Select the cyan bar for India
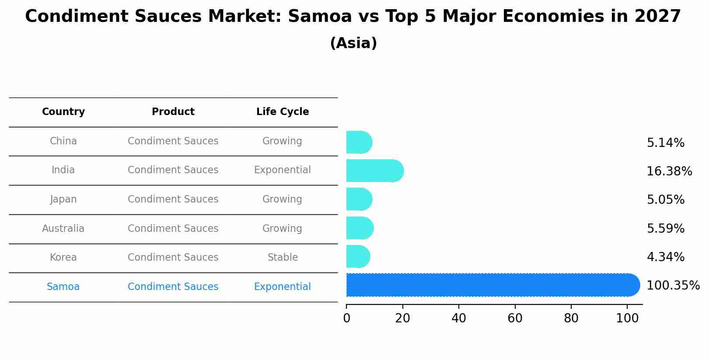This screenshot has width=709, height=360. tap(374, 171)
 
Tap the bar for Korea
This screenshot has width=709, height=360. tap(358, 256)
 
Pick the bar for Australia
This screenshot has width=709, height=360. tap(360, 228)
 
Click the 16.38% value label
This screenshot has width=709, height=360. tap(669, 171)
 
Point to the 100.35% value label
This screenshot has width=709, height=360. tap(673, 286)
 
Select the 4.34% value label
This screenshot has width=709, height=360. tap(665, 257)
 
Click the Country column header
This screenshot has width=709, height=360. tap(63, 112)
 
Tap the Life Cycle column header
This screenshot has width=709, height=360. tap(283, 112)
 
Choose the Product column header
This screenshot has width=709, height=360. tap(173, 112)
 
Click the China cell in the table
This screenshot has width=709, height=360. tap(63, 141)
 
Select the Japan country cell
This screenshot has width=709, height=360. tap(63, 199)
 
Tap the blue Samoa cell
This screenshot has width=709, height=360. tap(63, 287)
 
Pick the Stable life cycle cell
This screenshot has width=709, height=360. tap(283, 258)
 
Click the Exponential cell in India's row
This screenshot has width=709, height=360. tap(283, 170)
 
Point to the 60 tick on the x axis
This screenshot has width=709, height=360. tap(515, 318)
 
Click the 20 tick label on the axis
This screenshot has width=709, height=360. tap(402, 318)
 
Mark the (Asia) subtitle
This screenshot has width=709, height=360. tap(353, 43)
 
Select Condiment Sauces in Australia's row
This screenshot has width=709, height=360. tap(173, 229)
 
